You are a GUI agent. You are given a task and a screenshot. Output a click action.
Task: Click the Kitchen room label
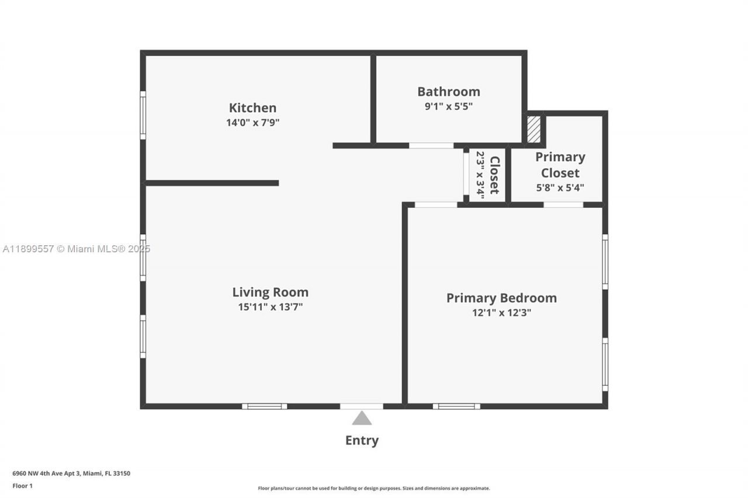pyautogui.click(x=252, y=108)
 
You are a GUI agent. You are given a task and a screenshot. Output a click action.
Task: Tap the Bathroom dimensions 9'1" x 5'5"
pyautogui.click(x=448, y=106)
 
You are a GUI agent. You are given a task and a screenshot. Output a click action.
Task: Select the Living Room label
pyautogui.click(x=270, y=292)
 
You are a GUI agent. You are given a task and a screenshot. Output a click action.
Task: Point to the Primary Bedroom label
pyautogui.click(x=501, y=298)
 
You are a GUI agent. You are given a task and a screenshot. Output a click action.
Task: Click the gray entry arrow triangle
pyautogui.click(x=362, y=418)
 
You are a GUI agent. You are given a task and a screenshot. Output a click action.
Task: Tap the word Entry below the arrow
pyautogui.click(x=362, y=440)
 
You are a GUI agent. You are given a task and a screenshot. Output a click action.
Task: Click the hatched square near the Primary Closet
pyautogui.click(x=534, y=130)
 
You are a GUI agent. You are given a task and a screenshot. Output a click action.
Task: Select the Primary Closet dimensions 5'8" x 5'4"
pyautogui.click(x=560, y=187)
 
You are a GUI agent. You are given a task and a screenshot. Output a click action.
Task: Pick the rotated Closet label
pyautogui.click(x=494, y=175)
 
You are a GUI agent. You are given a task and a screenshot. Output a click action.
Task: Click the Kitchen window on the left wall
pyautogui.click(x=143, y=115)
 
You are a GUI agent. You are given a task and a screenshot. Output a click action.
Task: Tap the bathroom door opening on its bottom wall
pyautogui.click(x=431, y=145)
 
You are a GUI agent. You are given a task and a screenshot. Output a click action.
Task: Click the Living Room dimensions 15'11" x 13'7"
pyautogui.click(x=270, y=307)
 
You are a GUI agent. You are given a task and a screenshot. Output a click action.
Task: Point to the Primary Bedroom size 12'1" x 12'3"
pyautogui.click(x=501, y=312)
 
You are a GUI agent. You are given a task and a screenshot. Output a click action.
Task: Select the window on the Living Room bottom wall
pyautogui.click(x=265, y=406)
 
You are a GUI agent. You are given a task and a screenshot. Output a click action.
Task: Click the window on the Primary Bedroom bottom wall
pyautogui.click(x=456, y=406)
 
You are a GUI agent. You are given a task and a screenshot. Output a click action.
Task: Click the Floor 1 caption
pyautogui.click(x=22, y=486)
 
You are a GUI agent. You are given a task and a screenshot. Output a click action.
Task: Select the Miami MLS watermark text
pyautogui.click(x=77, y=249)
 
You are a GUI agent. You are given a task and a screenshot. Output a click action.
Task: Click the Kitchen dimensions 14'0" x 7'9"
pyautogui.click(x=252, y=123)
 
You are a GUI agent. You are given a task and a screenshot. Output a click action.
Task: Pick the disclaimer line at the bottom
pyautogui.click(x=374, y=488)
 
